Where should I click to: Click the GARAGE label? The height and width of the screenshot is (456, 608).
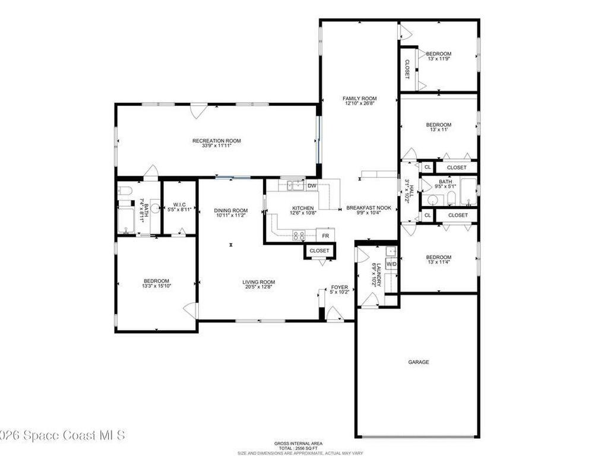click(419, 362)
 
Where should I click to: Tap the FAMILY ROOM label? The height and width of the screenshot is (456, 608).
click(360, 99)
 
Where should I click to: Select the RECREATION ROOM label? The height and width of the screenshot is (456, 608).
click(217, 141)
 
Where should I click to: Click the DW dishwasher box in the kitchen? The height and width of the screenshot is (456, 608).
click(312, 186)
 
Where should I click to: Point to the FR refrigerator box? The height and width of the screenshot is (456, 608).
click(325, 235)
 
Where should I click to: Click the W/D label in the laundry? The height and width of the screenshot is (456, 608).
click(391, 263)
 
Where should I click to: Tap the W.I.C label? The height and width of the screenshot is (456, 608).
click(179, 204)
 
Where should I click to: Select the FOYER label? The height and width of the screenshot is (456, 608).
click(340, 287)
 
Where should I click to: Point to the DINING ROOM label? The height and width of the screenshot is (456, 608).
click(231, 210)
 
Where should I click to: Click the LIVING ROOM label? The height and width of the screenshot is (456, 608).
click(258, 282)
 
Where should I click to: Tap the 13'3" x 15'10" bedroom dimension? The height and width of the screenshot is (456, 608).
click(156, 286)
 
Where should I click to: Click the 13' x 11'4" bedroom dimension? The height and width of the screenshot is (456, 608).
click(439, 262)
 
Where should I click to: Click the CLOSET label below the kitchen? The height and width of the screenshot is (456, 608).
click(319, 251)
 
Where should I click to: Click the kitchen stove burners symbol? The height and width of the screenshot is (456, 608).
click(299, 235)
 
